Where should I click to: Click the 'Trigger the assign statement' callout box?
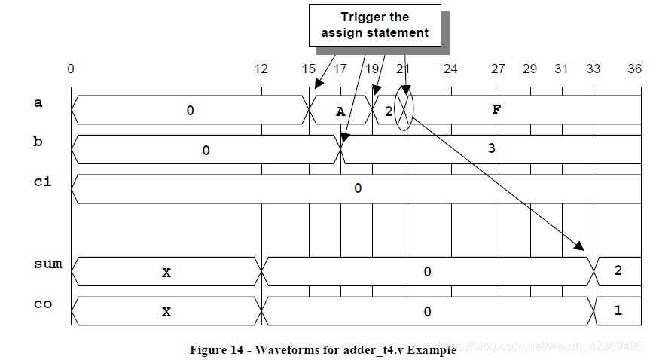[375, 26]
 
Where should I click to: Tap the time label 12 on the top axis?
[261, 69]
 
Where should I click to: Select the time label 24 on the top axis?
[450, 69]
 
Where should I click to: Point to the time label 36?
[634, 69]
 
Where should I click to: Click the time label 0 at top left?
[71, 69]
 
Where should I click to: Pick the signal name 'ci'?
[43, 182]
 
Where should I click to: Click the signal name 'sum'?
[48, 264]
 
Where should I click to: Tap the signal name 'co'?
[43, 304]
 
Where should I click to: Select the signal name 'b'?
[38, 142]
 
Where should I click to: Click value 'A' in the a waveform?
[340, 111]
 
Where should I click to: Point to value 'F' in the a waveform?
[496, 109]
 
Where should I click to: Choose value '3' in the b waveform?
[492, 148]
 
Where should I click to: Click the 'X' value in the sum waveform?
[166, 273]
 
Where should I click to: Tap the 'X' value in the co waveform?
[166, 312]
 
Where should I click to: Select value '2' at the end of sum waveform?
[618, 270]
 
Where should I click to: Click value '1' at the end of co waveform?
[618, 310]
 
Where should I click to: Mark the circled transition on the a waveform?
[404, 109]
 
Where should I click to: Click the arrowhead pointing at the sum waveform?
[579, 246]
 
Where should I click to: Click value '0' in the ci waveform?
[358, 188]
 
